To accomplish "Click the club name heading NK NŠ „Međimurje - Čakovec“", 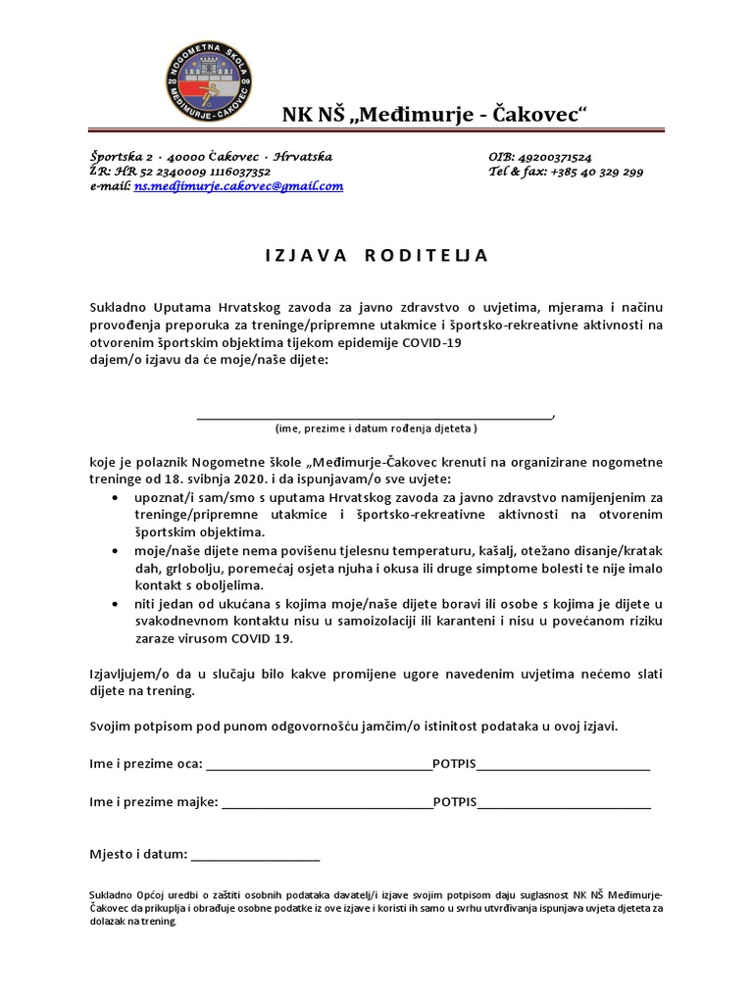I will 434,115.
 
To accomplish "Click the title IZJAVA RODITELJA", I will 376,255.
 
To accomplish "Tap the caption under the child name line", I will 376,428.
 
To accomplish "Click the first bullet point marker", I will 117,498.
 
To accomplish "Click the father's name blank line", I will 319,767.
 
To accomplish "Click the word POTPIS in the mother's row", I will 454,802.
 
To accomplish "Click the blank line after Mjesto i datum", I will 255,858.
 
